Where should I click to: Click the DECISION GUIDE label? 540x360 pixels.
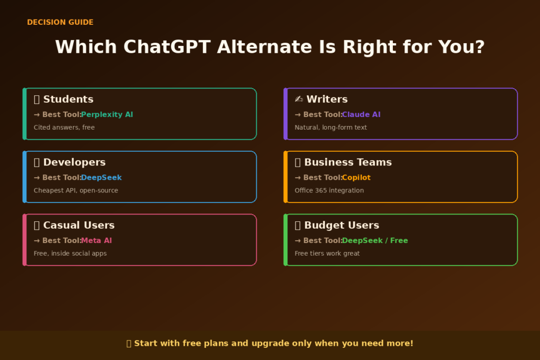click(x=60, y=22)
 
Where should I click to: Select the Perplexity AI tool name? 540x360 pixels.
click(x=107, y=114)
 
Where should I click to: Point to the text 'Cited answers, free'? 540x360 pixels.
click(x=64, y=128)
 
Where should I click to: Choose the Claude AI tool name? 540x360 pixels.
click(x=361, y=114)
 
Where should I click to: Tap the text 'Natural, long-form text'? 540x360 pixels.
click(x=331, y=128)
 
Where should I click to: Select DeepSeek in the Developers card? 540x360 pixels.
click(x=101, y=178)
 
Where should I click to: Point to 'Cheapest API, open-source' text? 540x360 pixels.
click(x=76, y=190)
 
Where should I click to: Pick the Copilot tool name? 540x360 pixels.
click(x=356, y=178)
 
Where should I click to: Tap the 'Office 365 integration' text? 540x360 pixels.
click(x=329, y=190)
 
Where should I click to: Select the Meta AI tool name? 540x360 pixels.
click(x=97, y=240)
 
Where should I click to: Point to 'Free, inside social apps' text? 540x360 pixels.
click(x=70, y=254)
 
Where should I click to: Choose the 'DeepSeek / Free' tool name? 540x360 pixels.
click(x=375, y=240)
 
